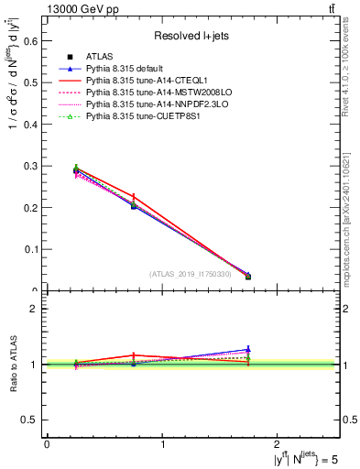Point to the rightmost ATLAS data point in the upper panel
pyautogui.click(x=248, y=277)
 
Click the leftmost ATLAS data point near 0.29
pyautogui.click(x=76, y=169)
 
